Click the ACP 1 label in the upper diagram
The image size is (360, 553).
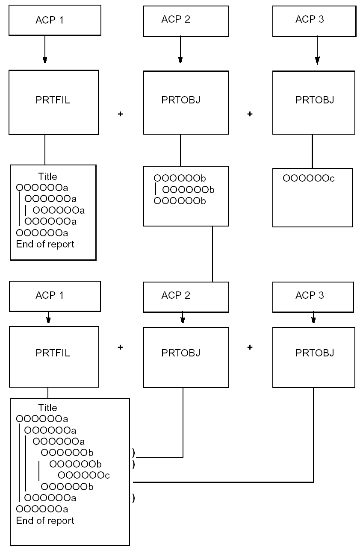[50, 20]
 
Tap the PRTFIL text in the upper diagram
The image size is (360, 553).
[53, 100]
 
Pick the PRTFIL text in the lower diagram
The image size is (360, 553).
[53, 353]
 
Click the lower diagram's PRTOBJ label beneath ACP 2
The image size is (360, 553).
[181, 353]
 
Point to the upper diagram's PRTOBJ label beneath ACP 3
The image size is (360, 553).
[315, 100]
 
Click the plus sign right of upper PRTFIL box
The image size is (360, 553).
[120, 115]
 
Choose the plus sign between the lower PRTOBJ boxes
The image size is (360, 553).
[250, 347]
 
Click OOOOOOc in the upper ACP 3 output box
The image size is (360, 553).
[308, 178]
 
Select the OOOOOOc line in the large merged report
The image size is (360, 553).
[84, 475]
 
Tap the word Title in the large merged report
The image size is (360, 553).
[47, 408]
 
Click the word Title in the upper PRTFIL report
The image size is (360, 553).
[47, 176]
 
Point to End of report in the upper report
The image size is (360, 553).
[45, 244]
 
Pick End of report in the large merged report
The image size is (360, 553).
[45, 521]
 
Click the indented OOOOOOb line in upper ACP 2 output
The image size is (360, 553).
[188, 189]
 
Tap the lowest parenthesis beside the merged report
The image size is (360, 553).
[134, 498]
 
